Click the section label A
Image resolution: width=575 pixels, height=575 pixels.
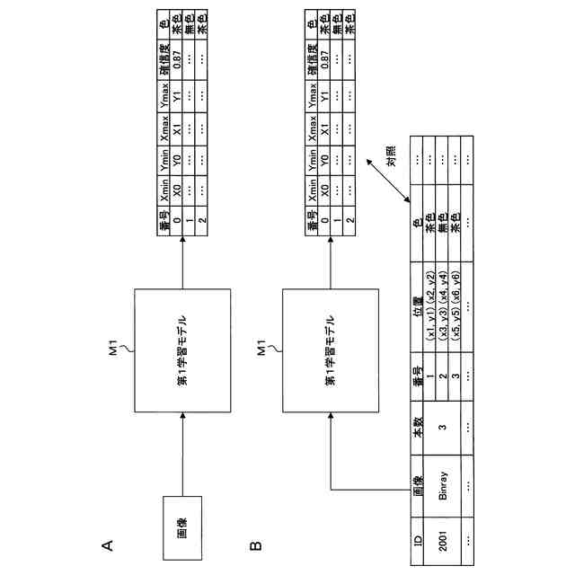108,544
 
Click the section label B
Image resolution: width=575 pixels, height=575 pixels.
256,544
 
